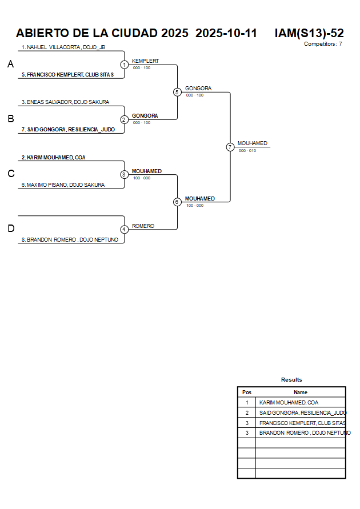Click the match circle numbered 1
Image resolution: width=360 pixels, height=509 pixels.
pos(124,65)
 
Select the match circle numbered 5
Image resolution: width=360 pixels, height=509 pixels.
pos(177,92)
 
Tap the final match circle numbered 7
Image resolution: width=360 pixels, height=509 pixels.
pos(230,147)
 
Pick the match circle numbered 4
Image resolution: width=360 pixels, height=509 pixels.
pos(124,229)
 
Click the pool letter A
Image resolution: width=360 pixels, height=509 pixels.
pos(10,65)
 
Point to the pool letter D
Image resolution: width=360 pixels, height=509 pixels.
pos(10,229)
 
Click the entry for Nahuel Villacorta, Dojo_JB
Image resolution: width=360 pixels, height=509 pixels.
pos(63,47)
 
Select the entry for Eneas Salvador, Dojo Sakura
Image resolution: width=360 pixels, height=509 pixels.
pos(65,102)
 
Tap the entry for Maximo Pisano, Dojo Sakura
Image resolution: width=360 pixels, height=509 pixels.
pos(63,185)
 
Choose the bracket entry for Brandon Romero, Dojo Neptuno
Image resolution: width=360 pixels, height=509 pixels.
pos(70,240)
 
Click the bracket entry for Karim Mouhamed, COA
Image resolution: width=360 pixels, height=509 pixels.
pos(53,157)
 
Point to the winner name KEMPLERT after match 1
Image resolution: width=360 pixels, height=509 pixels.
pos(145,61)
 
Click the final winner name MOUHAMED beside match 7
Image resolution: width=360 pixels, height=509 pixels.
pos(252,143)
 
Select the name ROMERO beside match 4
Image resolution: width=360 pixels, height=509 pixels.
pos(143,226)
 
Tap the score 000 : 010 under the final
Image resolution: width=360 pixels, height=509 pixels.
pos(247,151)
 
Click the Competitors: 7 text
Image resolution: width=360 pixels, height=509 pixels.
pos(323,44)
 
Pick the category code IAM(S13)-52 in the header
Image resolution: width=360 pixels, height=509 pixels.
pos(309,33)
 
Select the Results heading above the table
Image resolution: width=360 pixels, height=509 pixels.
pos(291,380)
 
